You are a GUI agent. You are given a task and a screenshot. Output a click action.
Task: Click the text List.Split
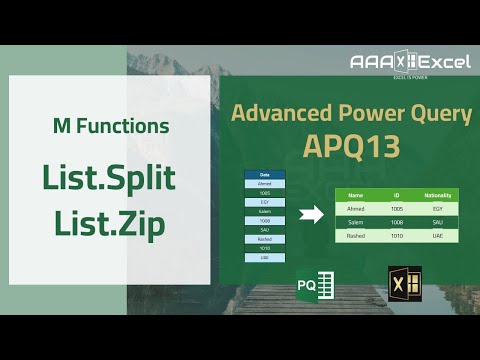point(109,178)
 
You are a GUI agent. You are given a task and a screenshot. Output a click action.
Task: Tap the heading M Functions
point(110,127)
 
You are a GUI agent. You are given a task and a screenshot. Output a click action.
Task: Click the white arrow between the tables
point(312,213)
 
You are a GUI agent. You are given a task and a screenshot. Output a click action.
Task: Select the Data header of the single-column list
point(265,175)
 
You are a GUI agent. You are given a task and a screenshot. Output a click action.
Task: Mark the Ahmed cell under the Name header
point(355,208)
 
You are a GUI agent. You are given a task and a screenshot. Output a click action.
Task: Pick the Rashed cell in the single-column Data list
point(265,238)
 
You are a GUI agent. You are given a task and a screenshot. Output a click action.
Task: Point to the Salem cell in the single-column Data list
point(265,211)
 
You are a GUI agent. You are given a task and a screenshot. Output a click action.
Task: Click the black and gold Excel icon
point(403,284)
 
